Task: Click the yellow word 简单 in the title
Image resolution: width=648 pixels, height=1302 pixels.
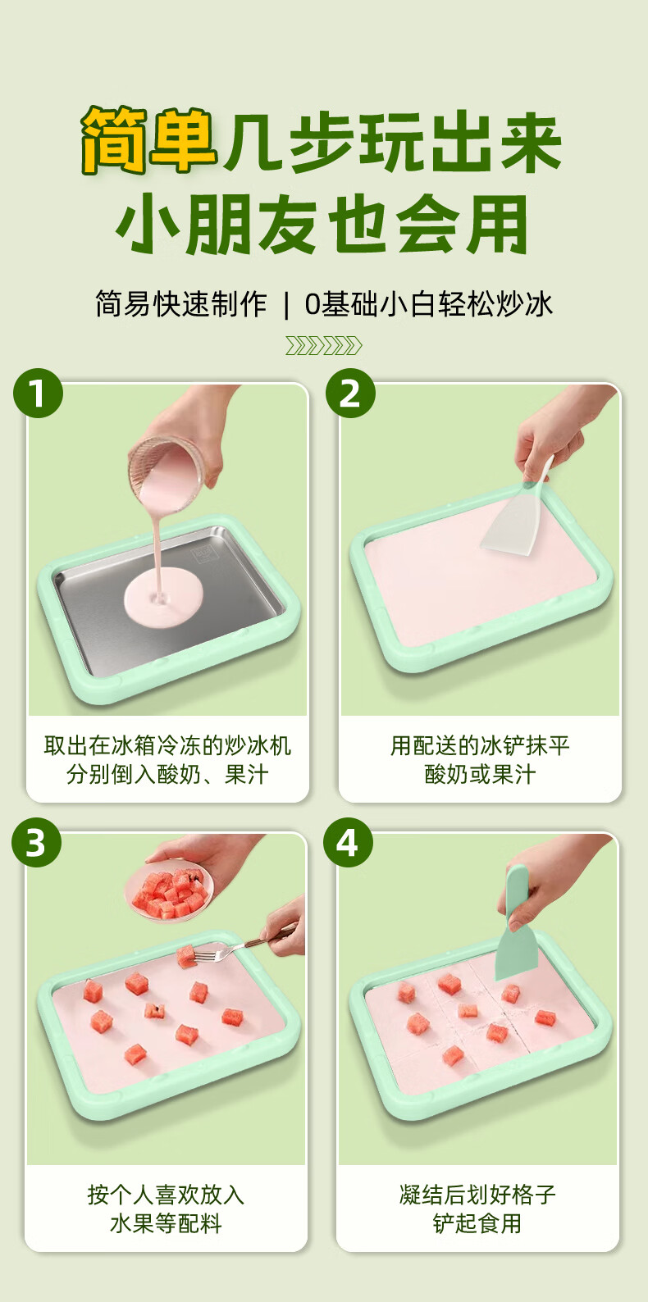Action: tap(148, 141)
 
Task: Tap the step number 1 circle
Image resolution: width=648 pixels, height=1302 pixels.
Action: tap(38, 393)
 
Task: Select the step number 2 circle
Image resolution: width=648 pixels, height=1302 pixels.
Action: tap(350, 393)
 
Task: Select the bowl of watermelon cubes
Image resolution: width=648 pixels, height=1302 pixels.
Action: tap(169, 891)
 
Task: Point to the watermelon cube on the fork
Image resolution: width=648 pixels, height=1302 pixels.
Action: tap(185, 956)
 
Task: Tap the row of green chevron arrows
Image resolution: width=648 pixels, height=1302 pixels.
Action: tap(323, 346)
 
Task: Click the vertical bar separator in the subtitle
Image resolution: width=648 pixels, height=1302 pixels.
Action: tap(285, 304)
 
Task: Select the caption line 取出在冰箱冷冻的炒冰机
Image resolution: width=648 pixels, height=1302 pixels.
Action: tap(167, 746)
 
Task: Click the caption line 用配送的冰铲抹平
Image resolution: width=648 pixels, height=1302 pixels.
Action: tap(480, 746)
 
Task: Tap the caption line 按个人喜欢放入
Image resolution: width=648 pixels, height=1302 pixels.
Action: tap(166, 1195)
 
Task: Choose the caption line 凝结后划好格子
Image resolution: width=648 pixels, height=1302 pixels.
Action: tap(477, 1195)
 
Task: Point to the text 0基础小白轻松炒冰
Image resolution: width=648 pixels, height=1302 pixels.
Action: tap(429, 304)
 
